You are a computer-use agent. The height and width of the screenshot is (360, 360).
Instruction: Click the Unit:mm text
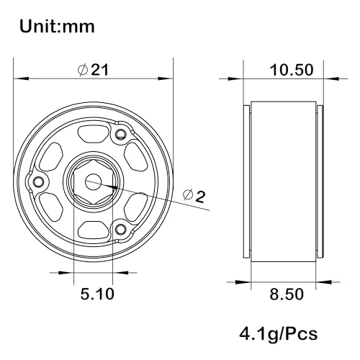point(57,26)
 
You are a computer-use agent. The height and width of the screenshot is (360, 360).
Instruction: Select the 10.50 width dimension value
point(292,70)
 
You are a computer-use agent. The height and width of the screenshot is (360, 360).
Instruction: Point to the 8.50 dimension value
point(287,294)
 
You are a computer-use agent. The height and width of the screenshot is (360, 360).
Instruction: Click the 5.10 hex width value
point(97,294)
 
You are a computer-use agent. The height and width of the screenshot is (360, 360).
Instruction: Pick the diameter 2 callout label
point(194,196)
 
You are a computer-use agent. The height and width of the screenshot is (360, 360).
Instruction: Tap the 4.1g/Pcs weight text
point(279,334)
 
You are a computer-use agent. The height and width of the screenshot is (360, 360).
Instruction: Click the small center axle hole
point(93,181)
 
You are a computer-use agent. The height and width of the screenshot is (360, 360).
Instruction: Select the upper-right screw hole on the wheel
point(120,135)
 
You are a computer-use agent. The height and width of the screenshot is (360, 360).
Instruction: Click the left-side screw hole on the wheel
point(38,181)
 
